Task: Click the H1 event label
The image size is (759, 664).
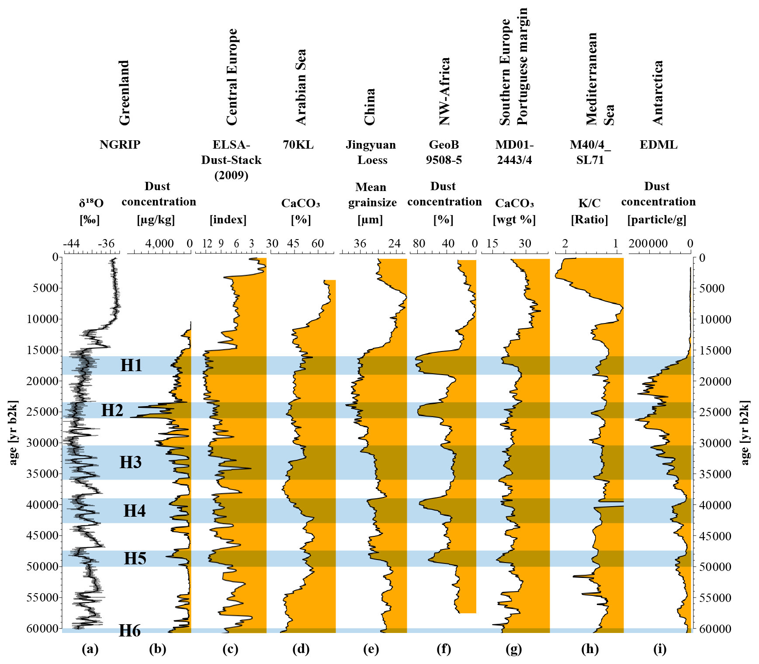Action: (131, 365)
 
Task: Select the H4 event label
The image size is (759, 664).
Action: (134, 511)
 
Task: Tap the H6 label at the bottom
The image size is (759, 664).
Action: (130, 631)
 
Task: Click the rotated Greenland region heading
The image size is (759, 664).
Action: (125, 93)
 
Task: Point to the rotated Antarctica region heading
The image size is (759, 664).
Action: (657, 93)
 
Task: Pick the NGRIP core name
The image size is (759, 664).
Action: (120, 145)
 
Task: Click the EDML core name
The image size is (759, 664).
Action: (658, 145)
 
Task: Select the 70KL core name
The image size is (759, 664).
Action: (298, 145)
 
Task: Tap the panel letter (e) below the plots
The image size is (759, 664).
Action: (371, 649)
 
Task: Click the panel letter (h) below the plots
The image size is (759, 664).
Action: (590, 649)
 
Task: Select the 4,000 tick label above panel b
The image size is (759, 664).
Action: (159, 243)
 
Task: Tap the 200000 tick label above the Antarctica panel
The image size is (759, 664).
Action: (648, 243)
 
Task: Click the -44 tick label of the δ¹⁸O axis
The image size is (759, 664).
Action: (71, 243)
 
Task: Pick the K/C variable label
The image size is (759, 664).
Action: (589, 203)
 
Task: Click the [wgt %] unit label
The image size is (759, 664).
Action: (514, 219)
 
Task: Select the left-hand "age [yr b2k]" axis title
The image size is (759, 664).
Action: (13, 433)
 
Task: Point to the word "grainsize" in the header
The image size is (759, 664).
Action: (372, 202)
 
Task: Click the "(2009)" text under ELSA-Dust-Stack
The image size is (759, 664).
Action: (231, 175)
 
